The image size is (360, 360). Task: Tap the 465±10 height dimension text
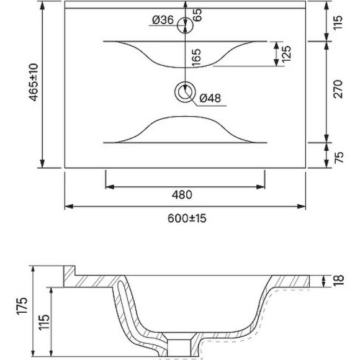tap(34, 83)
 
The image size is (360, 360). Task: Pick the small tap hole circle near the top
tap(184, 25)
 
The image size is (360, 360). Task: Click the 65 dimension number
tap(198, 16)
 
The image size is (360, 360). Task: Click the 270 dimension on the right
tap(338, 92)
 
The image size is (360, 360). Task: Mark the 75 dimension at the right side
tap(338, 155)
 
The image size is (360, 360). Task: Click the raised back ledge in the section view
tap(70, 277)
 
